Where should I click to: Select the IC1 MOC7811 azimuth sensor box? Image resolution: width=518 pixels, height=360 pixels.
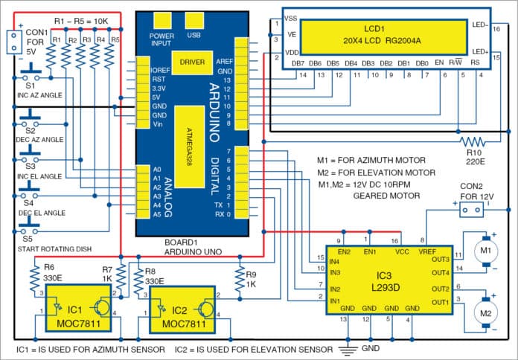[x=74, y=318]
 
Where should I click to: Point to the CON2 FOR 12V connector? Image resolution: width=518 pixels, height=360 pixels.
[x=470, y=211]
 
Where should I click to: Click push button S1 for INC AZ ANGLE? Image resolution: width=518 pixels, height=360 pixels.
[x=30, y=77]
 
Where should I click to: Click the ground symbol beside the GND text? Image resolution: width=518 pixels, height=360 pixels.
[x=345, y=348]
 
